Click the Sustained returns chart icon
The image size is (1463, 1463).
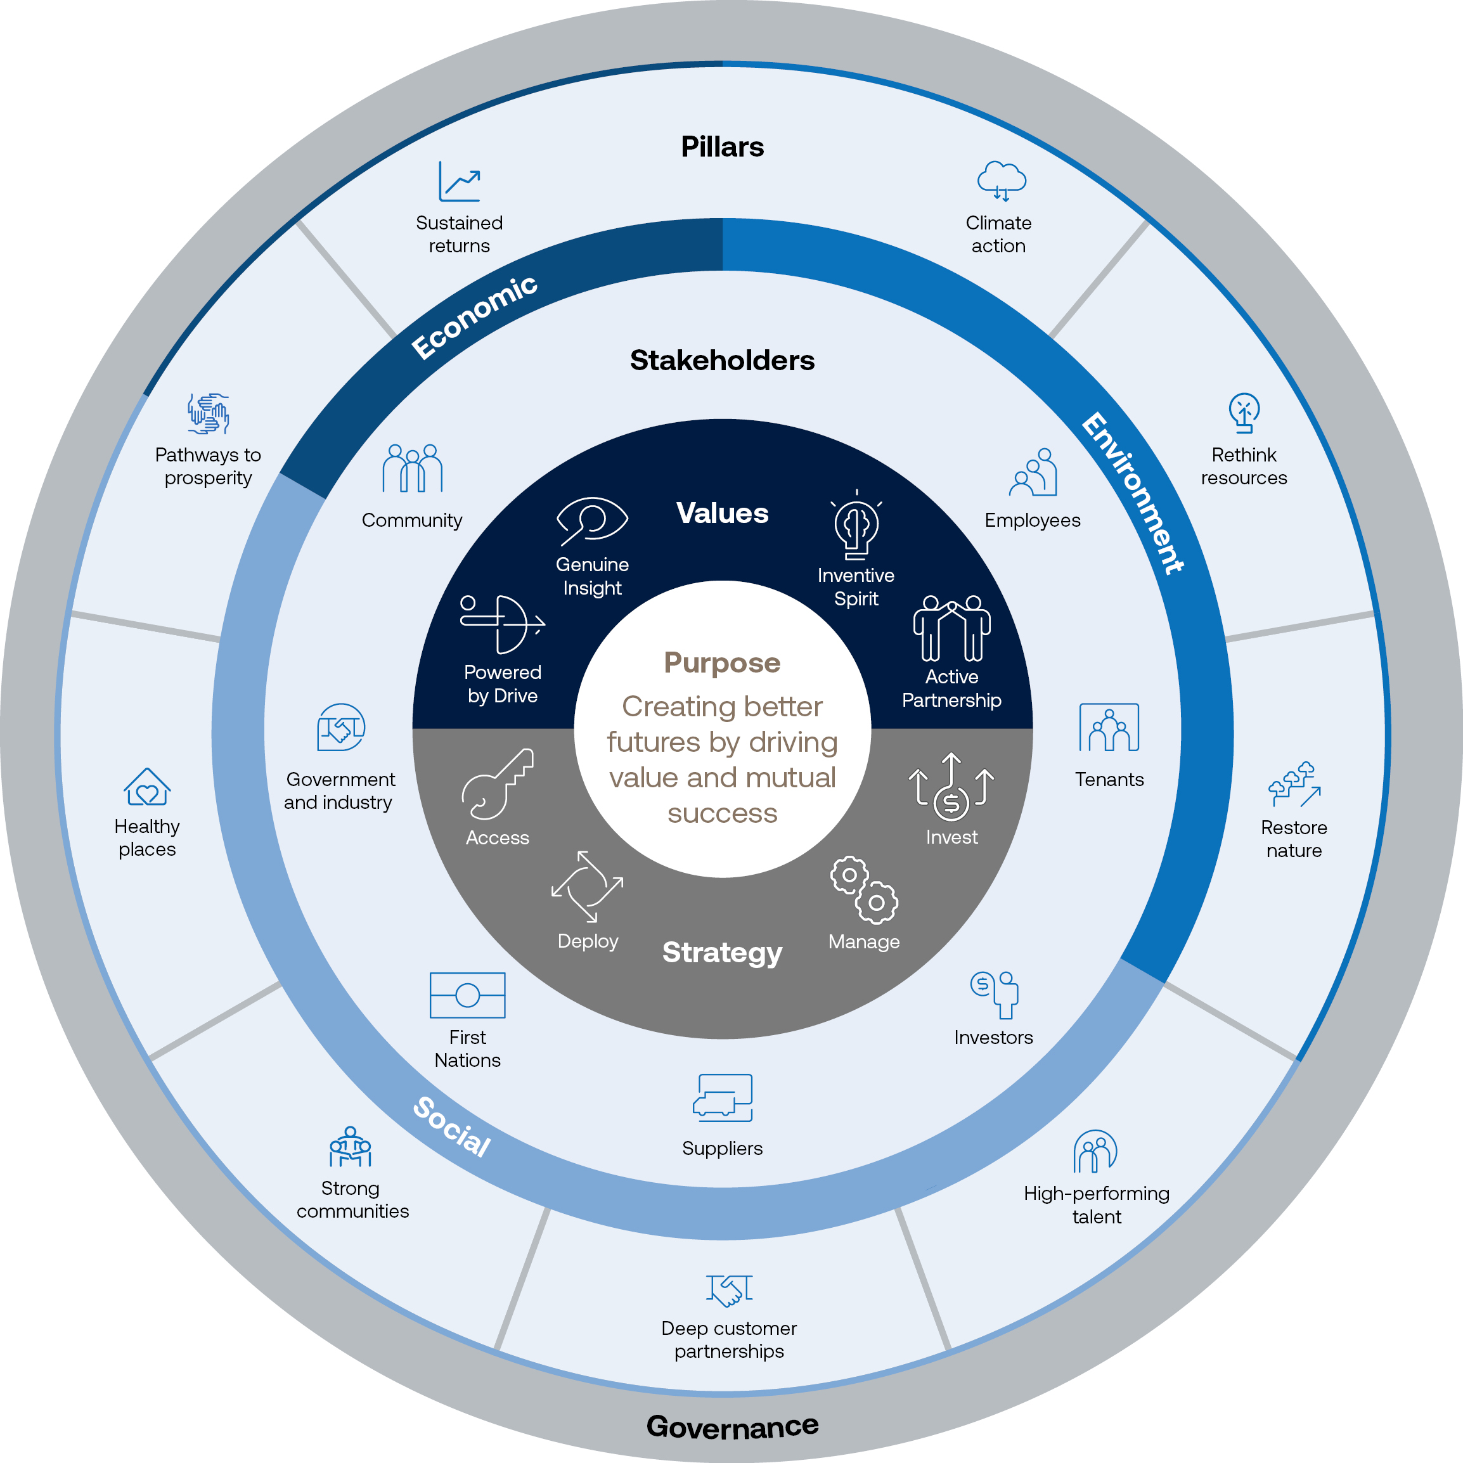(x=460, y=182)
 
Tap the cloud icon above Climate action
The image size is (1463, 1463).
(x=1001, y=180)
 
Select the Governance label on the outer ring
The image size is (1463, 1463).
(x=732, y=1426)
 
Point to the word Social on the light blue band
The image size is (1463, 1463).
(x=452, y=1127)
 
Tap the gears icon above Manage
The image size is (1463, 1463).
(x=864, y=890)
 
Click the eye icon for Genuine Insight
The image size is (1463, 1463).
(x=592, y=521)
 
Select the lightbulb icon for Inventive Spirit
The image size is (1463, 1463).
(x=856, y=525)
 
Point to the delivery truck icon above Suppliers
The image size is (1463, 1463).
(x=723, y=1098)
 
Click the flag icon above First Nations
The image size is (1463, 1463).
(x=467, y=995)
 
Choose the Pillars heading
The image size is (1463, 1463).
(x=723, y=147)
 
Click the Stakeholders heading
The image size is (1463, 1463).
(x=723, y=361)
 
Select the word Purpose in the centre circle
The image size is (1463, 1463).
(x=723, y=662)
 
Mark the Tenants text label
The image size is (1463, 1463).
(x=1109, y=779)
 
